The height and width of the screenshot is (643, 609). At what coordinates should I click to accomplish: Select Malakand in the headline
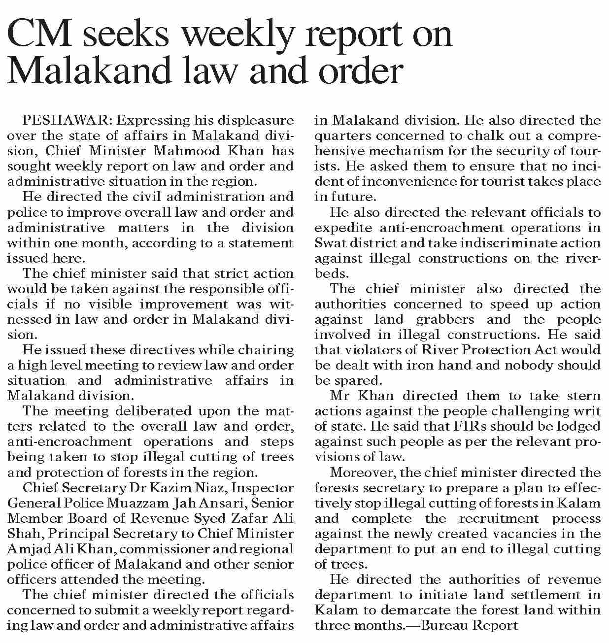pyautogui.click(x=88, y=71)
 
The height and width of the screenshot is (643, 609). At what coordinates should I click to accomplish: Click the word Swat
pyautogui.click(x=329, y=243)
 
